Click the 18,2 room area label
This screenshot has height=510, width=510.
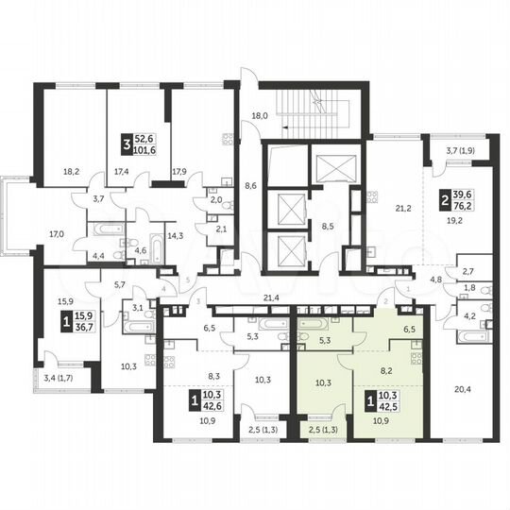[x=71, y=173]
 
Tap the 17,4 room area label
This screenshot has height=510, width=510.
[x=120, y=173]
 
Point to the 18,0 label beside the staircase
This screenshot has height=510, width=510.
[x=260, y=116]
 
